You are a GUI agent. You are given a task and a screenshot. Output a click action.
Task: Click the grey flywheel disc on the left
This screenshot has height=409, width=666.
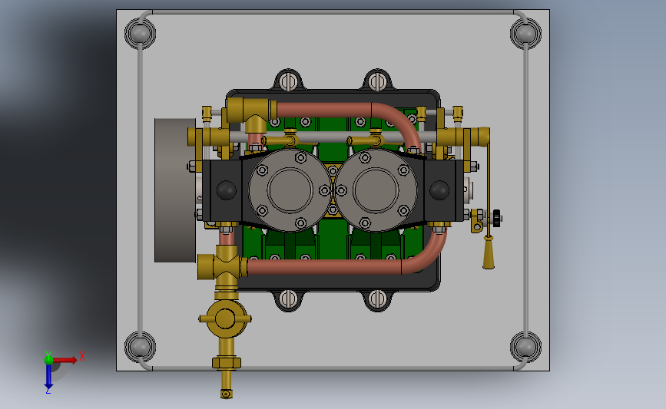point(175,190)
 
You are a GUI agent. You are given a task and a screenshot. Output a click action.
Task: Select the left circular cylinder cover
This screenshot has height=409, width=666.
point(290,190)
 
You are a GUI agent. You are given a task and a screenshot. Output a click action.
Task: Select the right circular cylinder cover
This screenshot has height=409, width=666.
point(376,190)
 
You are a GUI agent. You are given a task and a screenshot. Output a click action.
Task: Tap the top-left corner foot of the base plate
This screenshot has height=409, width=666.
point(140,34)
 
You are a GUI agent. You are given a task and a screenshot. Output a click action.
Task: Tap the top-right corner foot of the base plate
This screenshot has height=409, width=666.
point(526,34)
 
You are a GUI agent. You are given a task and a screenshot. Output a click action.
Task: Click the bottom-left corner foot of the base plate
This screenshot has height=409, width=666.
point(140,347)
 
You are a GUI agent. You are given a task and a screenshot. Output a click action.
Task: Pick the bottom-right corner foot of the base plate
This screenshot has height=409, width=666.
point(526,347)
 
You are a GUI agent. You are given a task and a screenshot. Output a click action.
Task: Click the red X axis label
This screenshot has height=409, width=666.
point(82,356)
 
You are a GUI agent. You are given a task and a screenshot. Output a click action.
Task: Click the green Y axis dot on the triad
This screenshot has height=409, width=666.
point(48,360)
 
